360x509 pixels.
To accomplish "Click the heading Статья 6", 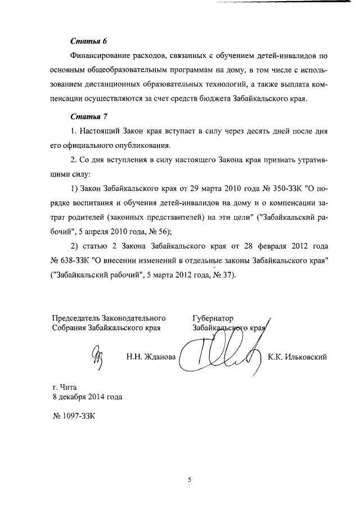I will (x=88, y=42).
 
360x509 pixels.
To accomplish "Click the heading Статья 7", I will (x=88, y=116).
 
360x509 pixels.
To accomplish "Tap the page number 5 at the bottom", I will (x=190, y=480).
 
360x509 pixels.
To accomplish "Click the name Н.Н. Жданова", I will (x=151, y=356).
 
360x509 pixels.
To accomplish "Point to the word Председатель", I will (x=75, y=318).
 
